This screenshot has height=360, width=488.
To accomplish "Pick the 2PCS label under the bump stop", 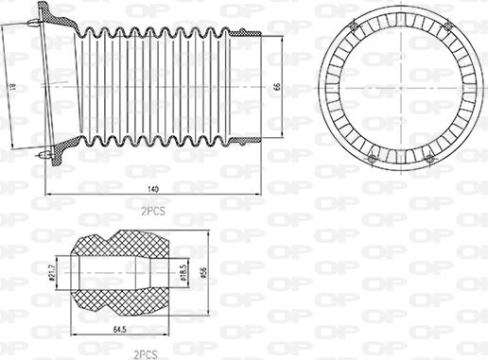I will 145,353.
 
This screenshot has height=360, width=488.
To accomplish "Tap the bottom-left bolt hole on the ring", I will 371,156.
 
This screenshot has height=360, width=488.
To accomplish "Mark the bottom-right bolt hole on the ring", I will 430,158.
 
